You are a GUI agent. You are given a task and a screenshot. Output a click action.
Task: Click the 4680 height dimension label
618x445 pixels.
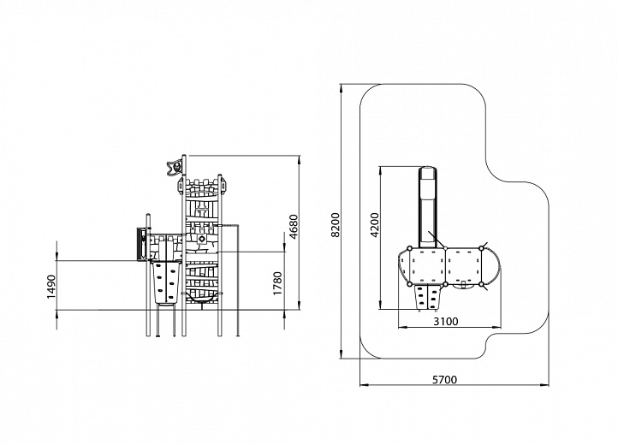[x=294, y=227]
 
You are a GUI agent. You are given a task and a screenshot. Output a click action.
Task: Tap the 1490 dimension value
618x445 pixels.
[x=51, y=287]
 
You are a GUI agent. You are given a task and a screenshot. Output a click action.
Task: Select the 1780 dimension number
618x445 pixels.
[x=278, y=283]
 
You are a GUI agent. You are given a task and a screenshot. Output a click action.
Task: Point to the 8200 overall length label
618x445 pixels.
[x=335, y=225]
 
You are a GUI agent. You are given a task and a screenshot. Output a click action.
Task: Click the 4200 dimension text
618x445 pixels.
[x=374, y=225]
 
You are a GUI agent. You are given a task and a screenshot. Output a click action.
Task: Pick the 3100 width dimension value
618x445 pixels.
[x=446, y=322]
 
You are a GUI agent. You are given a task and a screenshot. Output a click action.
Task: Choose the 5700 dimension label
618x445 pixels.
[x=444, y=380]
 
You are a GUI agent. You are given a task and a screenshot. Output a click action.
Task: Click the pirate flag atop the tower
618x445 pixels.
[x=175, y=167]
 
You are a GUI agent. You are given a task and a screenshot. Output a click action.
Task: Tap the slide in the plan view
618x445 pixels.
[x=428, y=207]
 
